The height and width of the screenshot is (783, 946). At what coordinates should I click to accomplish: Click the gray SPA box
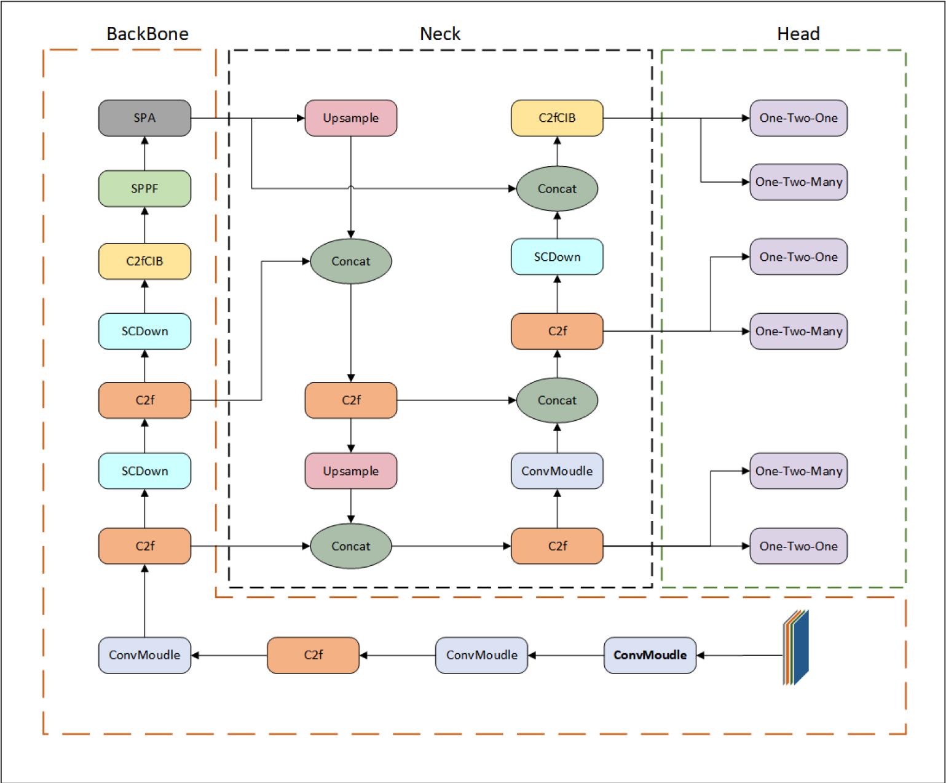pyautogui.click(x=144, y=118)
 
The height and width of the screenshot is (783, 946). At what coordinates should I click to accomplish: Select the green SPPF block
pyautogui.click(x=144, y=189)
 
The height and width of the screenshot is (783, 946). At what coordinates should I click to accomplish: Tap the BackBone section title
pyautogui.click(x=148, y=34)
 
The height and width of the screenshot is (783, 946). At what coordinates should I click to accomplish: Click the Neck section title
pyautogui.click(x=440, y=34)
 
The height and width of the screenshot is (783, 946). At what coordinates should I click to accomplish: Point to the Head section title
pyautogui.click(x=798, y=34)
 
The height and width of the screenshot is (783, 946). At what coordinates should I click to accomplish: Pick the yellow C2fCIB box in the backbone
pyautogui.click(x=144, y=261)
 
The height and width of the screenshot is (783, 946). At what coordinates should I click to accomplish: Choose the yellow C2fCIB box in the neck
pyautogui.click(x=557, y=118)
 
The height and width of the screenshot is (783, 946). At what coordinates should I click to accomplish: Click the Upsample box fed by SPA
pyautogui.click(x=351, y=118)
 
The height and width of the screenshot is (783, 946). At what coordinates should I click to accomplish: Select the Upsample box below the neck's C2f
pyautogui.click(x=351, y=471)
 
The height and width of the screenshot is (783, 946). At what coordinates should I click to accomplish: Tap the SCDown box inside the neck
pyautogui.click(x=557, y=257)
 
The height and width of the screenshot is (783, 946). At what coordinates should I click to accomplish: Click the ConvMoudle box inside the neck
pyautogui.click(x=557, y=471)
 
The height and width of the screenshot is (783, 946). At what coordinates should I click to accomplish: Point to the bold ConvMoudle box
pyautogui.click(x=650, y=655)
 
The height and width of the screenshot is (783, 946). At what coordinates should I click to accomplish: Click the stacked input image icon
pyautogui.click(x=797, y=648)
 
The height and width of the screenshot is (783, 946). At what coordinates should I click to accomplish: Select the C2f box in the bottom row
pyautogui.click(x=313, y=655)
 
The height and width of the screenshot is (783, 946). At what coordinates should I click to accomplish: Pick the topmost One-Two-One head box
pyautogui.click(x=798, y=118)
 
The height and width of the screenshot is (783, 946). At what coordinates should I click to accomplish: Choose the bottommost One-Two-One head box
pyautogui.click(x=798, y=546)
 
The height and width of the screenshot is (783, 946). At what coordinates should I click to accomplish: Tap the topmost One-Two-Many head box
pyautogui.click(x=798, y=182)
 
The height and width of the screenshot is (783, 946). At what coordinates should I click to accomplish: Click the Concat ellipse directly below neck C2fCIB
pyautogui.click(x=557, y=189)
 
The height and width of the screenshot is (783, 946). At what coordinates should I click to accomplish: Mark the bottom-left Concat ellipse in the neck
pyautogui.click(x=351, y=546)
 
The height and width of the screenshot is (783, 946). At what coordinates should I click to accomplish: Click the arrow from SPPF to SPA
pyautogui.click(x=144, y=154)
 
